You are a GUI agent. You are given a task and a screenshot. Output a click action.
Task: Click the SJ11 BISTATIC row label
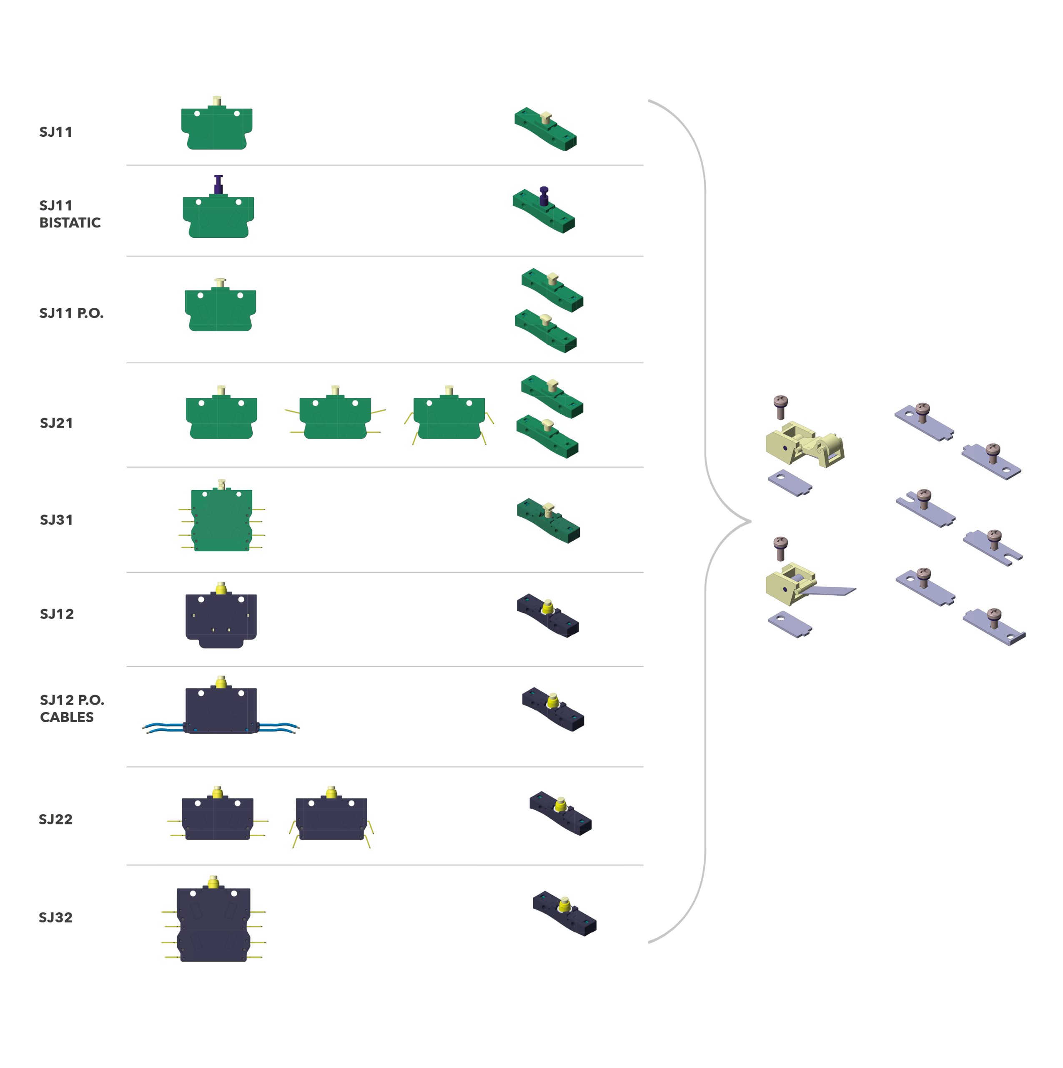[70, 214]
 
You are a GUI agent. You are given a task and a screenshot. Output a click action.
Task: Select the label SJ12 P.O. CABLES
[71, 708]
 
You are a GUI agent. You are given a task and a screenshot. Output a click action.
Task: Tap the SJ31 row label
[56, 520]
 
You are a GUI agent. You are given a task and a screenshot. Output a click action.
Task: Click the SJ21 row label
[56, 423]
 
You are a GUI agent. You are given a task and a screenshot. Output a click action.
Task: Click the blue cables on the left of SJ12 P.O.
[163, 728]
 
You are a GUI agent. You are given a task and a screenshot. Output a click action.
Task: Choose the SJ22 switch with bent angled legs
[331, 818]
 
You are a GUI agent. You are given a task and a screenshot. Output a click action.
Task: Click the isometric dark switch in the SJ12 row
[547, 615]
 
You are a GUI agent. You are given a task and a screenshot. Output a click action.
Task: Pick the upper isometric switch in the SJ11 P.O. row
[552, 290]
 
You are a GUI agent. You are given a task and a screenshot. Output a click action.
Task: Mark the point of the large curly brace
[750, 521]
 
